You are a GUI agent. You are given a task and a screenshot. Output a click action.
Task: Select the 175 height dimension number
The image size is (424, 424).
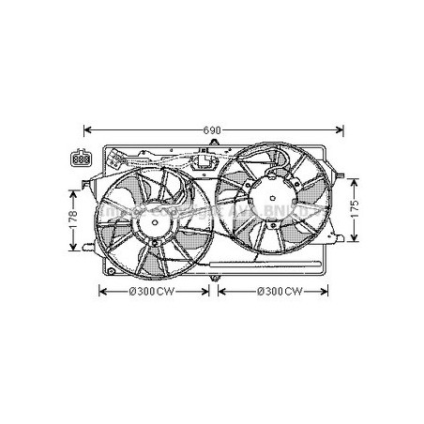[x=354, y=207]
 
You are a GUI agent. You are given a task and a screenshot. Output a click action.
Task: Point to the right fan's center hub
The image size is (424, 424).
[x=271, y=200]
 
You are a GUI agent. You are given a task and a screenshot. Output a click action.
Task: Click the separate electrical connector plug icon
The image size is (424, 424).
[x=83, y=159]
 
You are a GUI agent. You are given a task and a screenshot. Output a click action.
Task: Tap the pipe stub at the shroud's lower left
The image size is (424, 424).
[x=88, y=248]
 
